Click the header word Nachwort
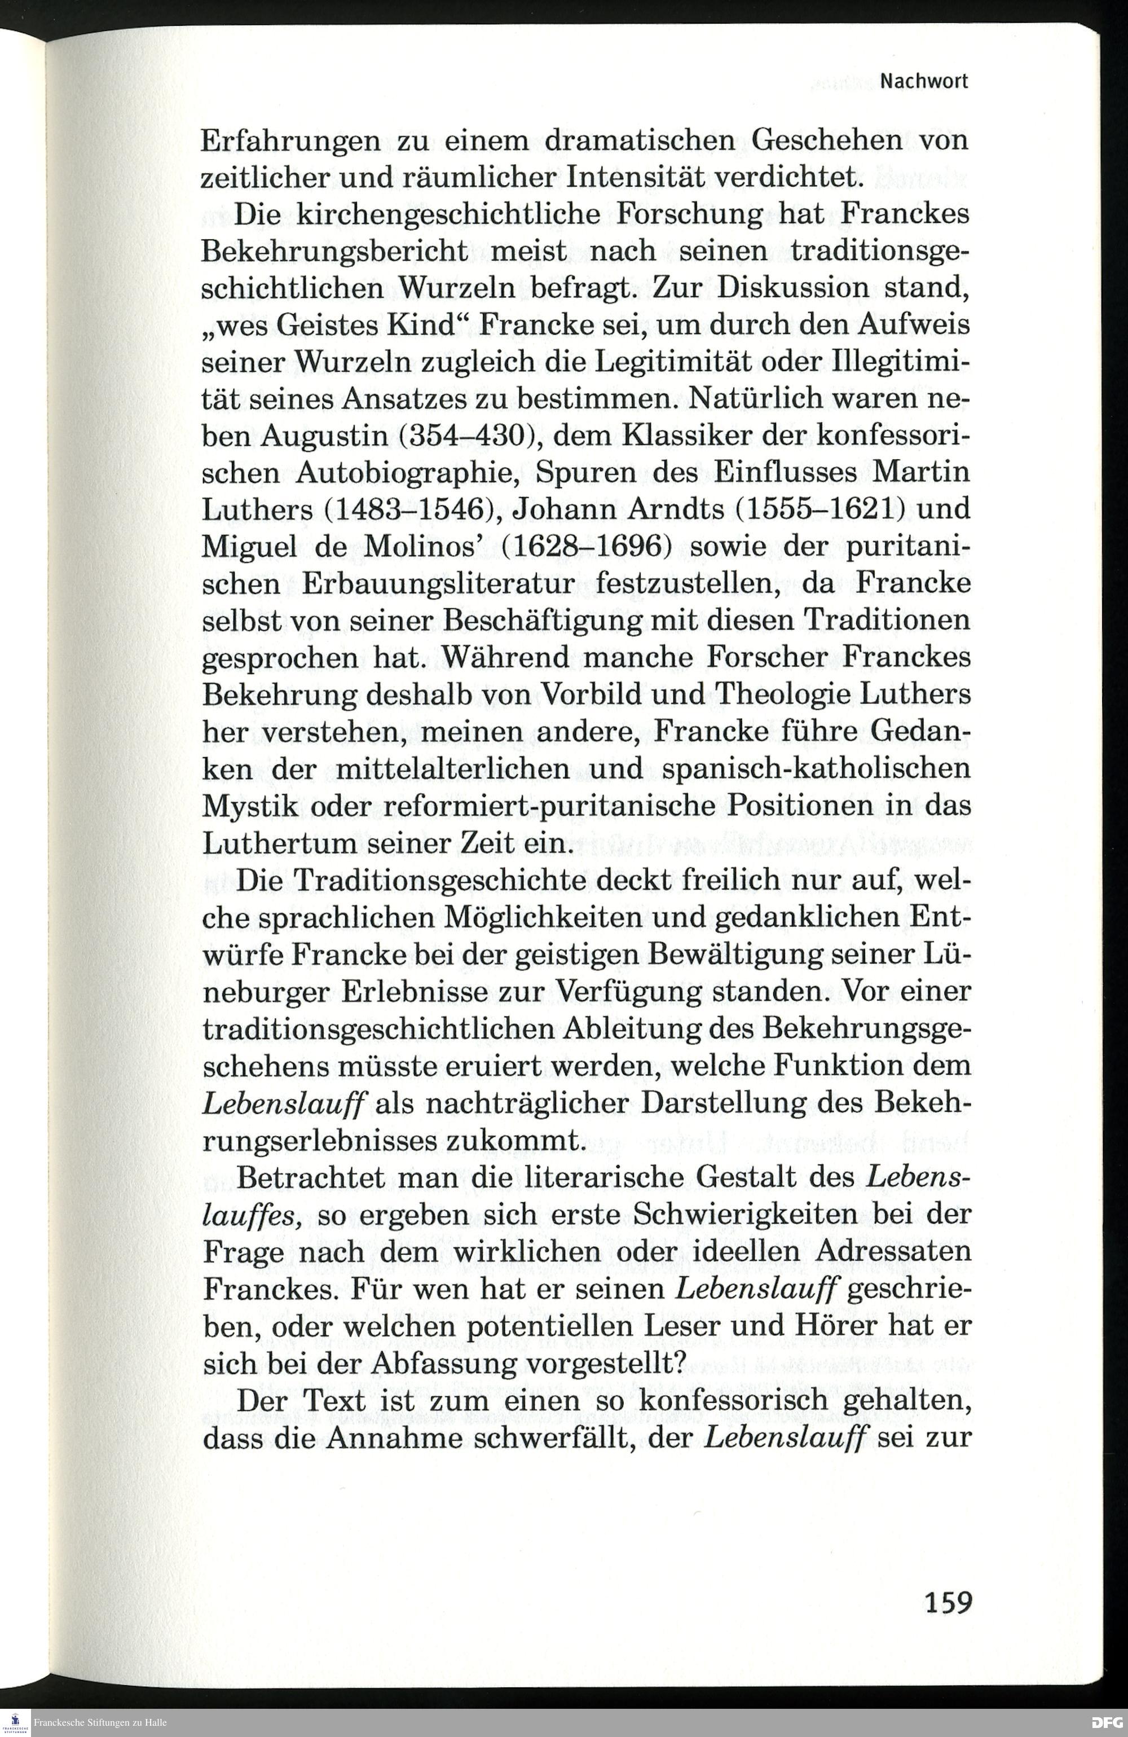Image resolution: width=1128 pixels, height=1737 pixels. tap(924, 82)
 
